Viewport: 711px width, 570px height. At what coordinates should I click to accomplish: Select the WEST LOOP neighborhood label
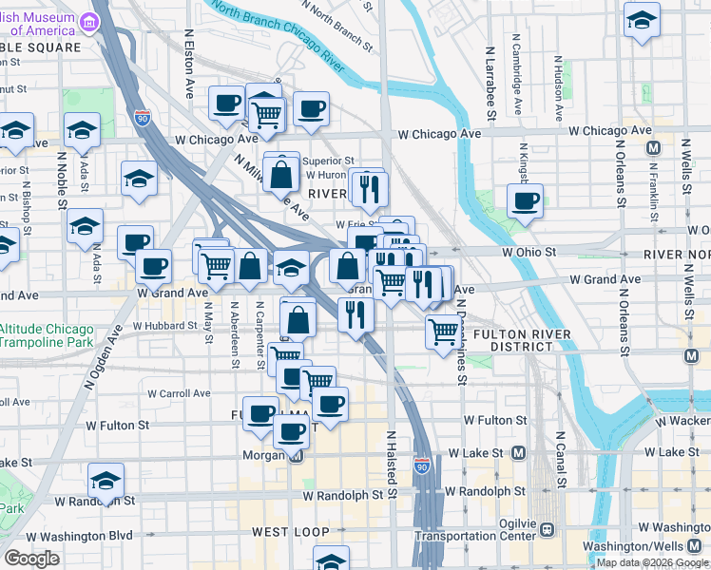click(x=284, y=532)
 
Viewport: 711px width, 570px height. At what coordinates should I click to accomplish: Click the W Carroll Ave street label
click(x=180, y=392)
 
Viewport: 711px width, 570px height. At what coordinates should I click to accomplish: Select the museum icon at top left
click(x=90, y=21)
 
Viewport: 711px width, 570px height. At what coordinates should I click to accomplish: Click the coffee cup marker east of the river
click(x=525, y=200)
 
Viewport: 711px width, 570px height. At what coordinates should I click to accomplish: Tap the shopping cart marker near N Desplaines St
click(x=442, y=332)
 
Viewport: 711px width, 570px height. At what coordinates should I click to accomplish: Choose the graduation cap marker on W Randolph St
click(x=106, y=480)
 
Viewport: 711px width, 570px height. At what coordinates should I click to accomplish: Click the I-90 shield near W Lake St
click(x=422, y=466)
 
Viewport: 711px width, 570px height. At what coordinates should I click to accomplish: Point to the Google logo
click(x=31, y=559)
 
